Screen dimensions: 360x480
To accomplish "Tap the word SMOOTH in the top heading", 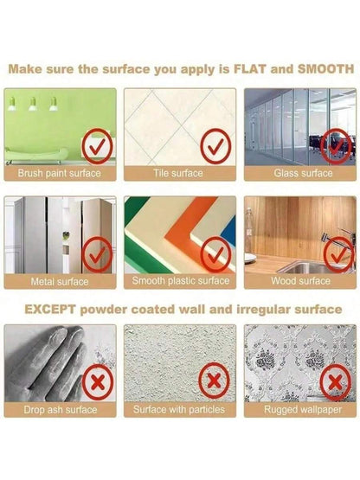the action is (x=326, y=69).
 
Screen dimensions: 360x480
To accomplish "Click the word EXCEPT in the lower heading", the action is (x=49, y=310).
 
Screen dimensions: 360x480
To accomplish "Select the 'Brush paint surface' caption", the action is (x=59, y=173).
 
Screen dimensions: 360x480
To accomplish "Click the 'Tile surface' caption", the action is (x=178, y=173).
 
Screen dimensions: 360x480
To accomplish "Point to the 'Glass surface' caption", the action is (x=303, y=173).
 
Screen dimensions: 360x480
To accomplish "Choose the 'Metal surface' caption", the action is (x=60, y=282).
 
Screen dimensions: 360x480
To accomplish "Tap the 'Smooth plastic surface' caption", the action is (x=181, y=281).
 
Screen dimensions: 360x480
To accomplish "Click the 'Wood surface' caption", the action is (x=300, y=281).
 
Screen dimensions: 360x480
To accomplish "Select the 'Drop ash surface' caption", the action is (x=61, y=410).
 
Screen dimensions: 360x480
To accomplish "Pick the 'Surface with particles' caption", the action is (x=179, y=409).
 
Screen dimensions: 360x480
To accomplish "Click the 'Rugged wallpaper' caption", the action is (x=303, y=410).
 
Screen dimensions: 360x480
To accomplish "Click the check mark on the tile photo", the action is (x=215, y=147).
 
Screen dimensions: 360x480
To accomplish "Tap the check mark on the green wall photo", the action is (x=97, y=147).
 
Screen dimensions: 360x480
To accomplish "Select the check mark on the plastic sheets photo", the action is (x=215, y=254).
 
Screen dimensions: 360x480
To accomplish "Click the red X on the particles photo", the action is (x=214, y=381).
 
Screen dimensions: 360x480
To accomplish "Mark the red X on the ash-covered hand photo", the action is (x=98, y=382).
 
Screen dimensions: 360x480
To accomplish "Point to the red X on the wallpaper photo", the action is (x=336, y=382).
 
